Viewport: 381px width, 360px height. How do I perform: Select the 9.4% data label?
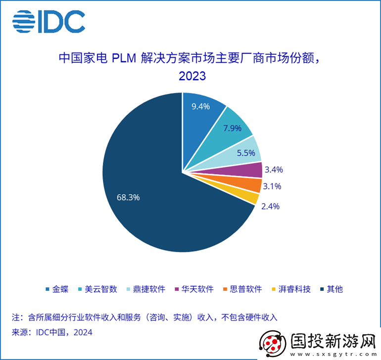pos(201,106)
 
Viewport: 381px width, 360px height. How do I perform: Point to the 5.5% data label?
pos(245,153)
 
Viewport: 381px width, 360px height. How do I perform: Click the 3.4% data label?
pos(274,170)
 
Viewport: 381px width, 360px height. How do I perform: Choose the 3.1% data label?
pos(272,186)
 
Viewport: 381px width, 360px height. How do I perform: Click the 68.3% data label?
pos(128,197)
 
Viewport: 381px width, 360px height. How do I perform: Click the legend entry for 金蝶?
pos(57,289)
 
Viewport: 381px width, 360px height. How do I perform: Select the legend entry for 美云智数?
pos(97,289)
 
